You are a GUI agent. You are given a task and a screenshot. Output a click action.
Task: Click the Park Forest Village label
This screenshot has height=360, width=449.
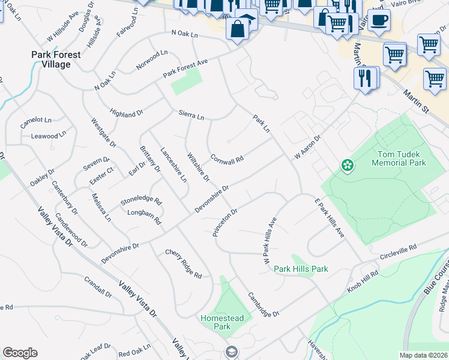click(56, 59)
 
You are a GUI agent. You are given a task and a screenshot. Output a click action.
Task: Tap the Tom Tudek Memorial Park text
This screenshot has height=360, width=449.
click(399, 158)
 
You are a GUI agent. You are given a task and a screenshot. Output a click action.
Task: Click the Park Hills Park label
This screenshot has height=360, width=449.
click(301, 269)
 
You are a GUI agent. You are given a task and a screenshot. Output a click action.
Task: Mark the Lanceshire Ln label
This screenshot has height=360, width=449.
click(173, 164)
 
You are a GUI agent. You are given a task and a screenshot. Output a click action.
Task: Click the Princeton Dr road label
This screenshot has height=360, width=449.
click(226, 223)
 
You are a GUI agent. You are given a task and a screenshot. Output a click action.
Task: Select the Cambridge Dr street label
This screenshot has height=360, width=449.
click(264, 305)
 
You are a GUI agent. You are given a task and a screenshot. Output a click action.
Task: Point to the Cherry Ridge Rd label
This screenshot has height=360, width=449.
click(184, 264)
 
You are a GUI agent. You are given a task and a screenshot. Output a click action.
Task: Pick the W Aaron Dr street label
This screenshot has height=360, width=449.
click(307, 147)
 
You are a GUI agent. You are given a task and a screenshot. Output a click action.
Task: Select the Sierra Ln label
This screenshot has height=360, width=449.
click(191, 115)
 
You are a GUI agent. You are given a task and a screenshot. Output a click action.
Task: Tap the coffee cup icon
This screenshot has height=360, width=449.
click(378, 20)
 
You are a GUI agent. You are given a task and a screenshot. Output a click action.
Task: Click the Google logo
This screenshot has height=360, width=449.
click(20, 353)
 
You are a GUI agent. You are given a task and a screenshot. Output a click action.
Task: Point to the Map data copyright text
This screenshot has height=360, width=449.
click(424, 355)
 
